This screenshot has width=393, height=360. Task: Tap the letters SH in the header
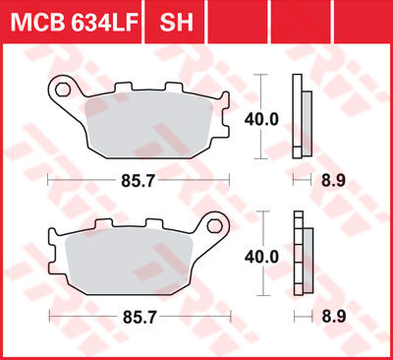click(174, 22)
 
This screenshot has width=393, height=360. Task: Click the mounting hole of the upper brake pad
click(64, 90)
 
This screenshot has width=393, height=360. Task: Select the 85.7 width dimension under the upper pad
click(139, 181)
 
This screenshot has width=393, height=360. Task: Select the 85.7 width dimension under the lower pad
click(139, 318)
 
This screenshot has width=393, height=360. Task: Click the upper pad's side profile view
click(303, 118)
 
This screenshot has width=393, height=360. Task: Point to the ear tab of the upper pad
click(66, 93)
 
